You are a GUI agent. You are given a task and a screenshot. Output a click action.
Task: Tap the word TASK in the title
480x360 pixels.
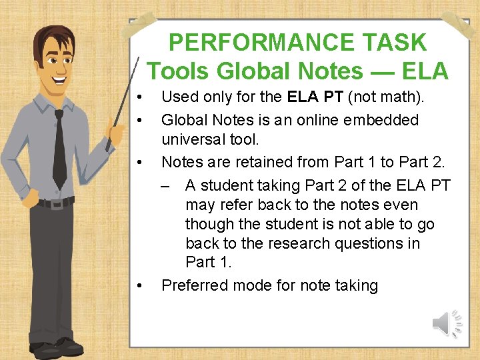[x=395, y=43]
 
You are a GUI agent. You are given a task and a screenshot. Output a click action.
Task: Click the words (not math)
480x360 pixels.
[x=387, y=97]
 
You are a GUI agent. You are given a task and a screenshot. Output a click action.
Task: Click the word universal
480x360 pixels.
[x=193, y=139]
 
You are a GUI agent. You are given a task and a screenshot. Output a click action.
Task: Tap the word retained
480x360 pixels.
[x=253, y=162]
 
